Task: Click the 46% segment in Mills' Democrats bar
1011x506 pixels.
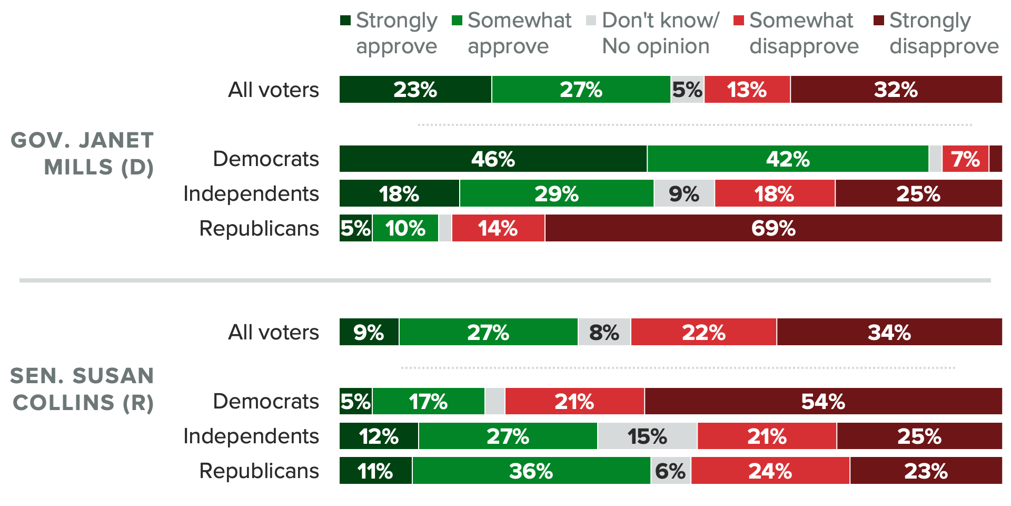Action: coord(493,159)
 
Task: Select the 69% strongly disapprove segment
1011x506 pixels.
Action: coord(773,228)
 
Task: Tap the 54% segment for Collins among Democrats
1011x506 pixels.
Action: coord(823,401)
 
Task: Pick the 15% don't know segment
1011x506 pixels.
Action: coord(647,436)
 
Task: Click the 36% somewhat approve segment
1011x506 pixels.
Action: coord(531,471)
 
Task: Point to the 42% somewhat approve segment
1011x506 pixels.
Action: coord(788,159)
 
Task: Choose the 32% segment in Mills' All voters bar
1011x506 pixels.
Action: coord(896,90)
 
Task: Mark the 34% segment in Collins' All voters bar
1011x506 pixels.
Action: coord(889,332)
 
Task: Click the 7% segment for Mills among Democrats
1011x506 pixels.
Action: coord(965,159)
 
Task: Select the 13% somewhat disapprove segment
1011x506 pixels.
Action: coord(747,90)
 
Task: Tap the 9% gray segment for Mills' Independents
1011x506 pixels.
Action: coord(684,193)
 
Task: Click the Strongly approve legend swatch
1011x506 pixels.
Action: coord(345,21)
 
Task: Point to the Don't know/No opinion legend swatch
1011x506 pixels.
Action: coord(591,21)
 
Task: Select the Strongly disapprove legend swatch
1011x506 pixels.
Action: coord(878,21)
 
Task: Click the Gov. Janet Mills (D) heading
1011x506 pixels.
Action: coord(83,153)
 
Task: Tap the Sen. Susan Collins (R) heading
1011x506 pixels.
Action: coord(83,389)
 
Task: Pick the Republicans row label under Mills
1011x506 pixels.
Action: coord(259,228)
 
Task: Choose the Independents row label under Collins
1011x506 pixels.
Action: coord(251,436)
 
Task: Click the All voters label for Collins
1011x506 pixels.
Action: coord(273,332)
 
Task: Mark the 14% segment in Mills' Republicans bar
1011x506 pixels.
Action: coord(498,228)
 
